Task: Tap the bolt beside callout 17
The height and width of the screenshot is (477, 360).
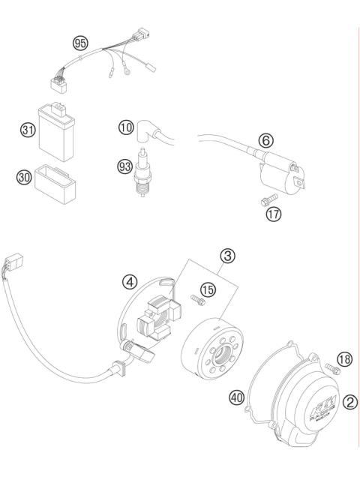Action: (262, 202)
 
